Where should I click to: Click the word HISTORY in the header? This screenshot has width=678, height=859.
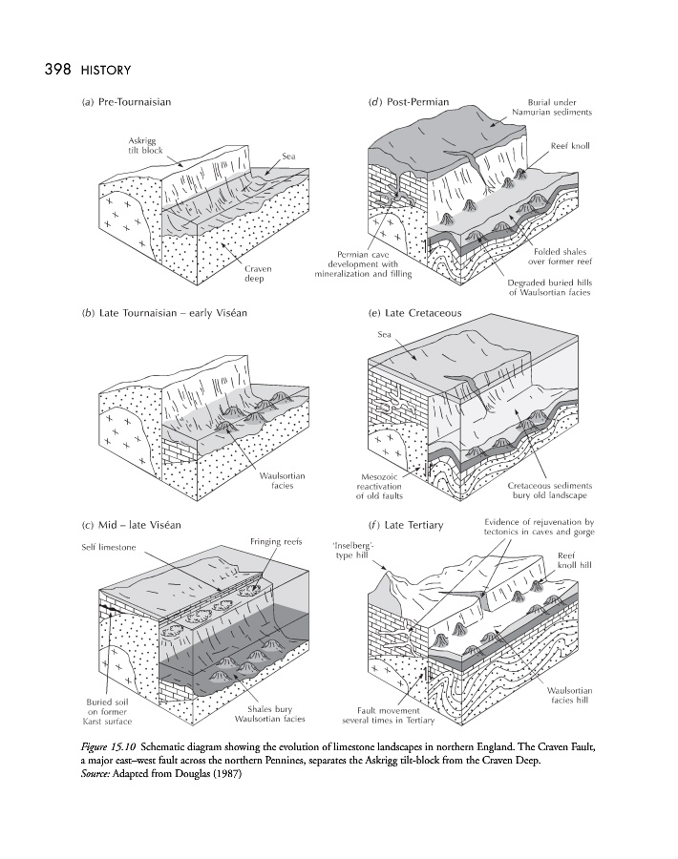[x=107, y=71]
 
